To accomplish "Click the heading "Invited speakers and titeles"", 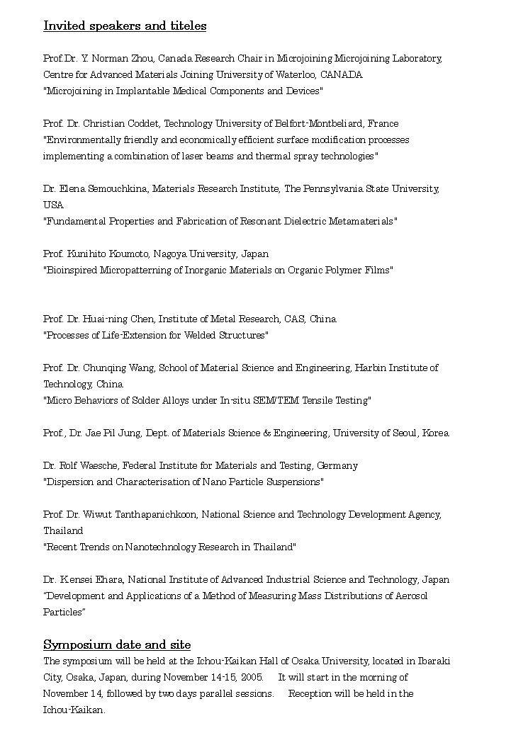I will [x=125, y=26].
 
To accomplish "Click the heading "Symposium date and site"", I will [x=117, y=644].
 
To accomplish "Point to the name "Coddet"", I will [x=145, y=124].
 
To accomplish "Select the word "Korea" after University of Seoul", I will [x=436, y=433].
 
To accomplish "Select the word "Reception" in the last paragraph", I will [x=311, y=694].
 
